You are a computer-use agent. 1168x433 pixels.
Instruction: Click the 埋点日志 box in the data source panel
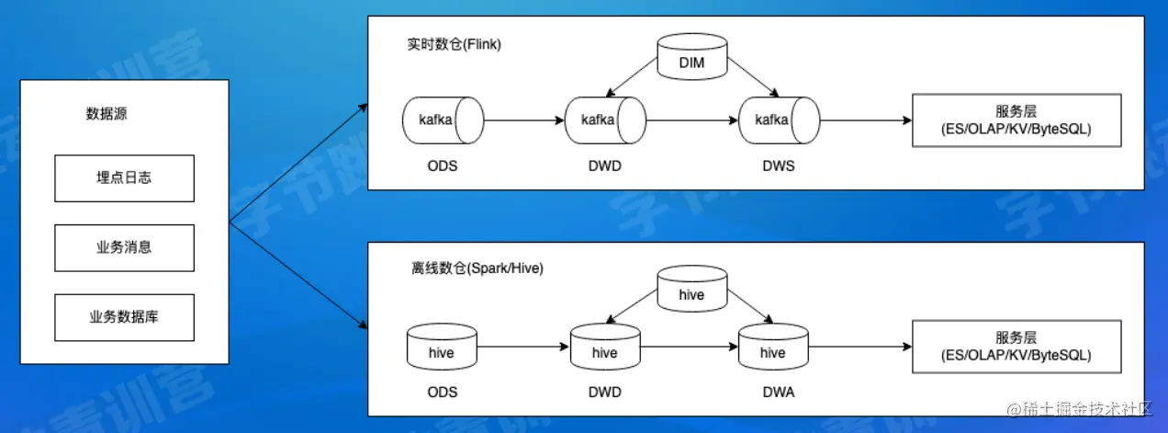pyautogui.click(x=124, y=177)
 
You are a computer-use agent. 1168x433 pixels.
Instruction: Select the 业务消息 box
pyautogui.click(x=124, y=247)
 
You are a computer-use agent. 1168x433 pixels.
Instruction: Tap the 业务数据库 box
pyautogui.click(x=124, y=317)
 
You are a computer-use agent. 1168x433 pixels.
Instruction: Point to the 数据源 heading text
pyautogui.click(x=107, y=114)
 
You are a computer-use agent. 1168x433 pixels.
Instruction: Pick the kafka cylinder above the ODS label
pyautogui.click(x=442, y=120)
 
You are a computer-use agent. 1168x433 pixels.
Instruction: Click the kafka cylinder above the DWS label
pyautogui.click(x=779, y=120)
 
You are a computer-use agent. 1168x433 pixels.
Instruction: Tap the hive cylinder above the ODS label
pyautogui.click(x=442, y=351)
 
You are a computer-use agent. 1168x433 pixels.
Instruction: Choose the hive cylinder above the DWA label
pyautogui.click(x=773, y=351)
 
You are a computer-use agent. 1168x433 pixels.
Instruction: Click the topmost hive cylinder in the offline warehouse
pyautogui.click(x=691, y=293)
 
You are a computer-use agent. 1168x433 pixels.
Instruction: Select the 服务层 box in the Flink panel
pyautogui.click(x=1016, y=120)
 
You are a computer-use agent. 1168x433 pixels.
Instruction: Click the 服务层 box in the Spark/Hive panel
pyautogui.click(x=1016, y=347)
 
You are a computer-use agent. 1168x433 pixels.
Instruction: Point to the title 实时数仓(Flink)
pyautogui.click(x=455, y=45)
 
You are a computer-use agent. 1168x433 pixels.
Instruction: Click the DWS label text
pyautogui.click(x=779, y=165)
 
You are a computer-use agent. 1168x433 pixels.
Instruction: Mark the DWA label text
pyautogui.click(x=779, y=393)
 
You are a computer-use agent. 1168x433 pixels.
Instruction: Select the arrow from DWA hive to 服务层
pyautogui.click(x=859, y=348)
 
